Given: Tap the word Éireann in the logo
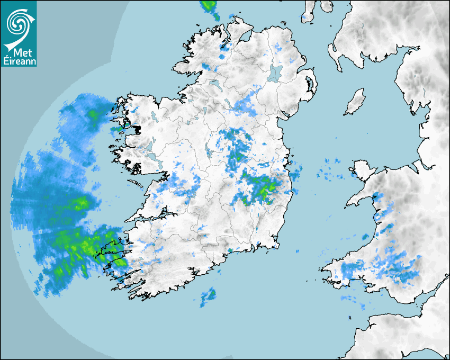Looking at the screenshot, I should [x=19, y=62].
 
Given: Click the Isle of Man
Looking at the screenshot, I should [x=355, y=102].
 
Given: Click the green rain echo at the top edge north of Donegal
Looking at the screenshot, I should [x=209, y=7].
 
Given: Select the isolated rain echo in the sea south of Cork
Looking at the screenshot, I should [x=208, y=296].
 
